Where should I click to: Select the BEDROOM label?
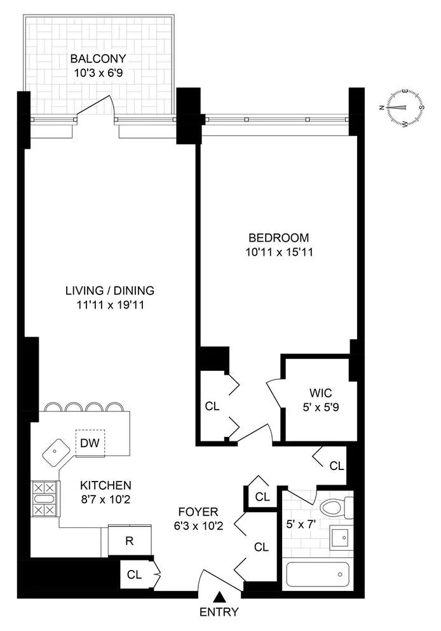278,238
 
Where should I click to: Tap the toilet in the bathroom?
334,508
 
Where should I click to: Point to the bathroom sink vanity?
341,539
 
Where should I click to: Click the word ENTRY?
219,613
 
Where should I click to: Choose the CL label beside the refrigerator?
134,575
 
